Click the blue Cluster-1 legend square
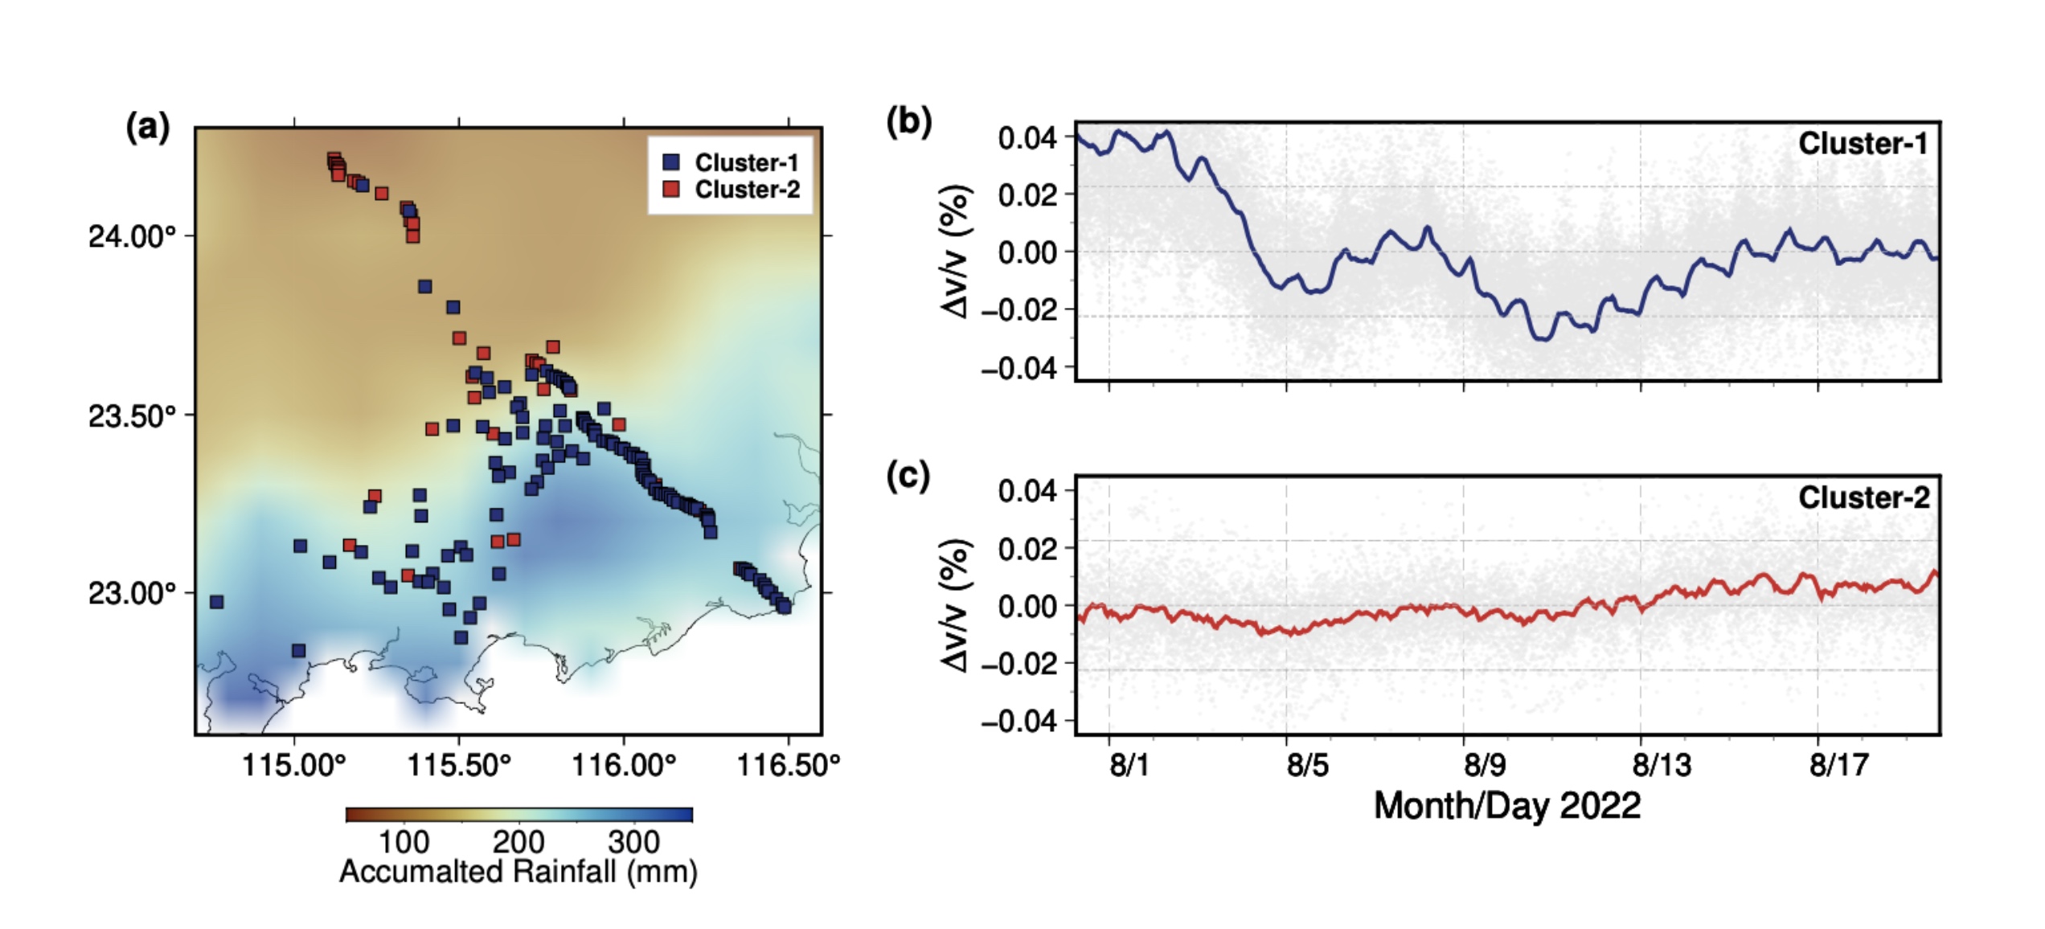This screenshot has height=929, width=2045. point(671,162)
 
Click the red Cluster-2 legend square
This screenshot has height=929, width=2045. point(671,190)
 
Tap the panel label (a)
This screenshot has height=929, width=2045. point(148,127)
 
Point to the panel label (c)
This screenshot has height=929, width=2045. point(908,476)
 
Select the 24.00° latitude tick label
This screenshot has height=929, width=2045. point(132,237)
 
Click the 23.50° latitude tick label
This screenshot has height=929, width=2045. point(132,416)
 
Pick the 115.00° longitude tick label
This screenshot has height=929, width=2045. point(294,765)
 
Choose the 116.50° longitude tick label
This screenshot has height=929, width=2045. point(789,765)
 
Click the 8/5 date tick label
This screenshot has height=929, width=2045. point(1307,765)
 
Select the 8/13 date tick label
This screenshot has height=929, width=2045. point(1662,765)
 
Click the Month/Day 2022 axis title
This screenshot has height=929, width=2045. point(1507,805)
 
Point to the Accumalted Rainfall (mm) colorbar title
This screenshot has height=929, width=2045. point(518,872)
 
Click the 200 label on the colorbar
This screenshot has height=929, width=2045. point(518,842)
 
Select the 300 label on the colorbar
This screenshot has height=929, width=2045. point(634,842)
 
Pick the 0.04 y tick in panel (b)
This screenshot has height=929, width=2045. point(1027,138)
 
